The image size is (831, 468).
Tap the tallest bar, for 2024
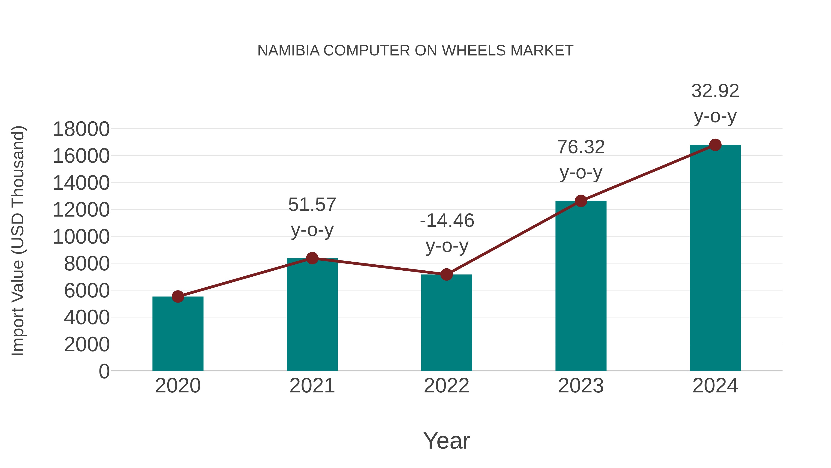tap(715, 258)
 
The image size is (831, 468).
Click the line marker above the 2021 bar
tap(312, 258)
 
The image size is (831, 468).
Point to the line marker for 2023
tap(581, 201)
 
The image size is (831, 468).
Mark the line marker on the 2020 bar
tap(178, 297)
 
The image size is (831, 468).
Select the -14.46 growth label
tap(447, 233)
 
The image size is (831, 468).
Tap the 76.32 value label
tap(581, 159)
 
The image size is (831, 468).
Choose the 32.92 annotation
tap(715, 103)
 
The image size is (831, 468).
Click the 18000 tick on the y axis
tap(81, 129)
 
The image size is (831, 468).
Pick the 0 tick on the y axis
tap(104, 371)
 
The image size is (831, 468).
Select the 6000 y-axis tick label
tap(87, 291)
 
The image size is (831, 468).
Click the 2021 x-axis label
tap(312, 386)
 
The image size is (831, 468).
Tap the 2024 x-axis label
tap(715, 386)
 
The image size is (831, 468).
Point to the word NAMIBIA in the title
tap(288, 51)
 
